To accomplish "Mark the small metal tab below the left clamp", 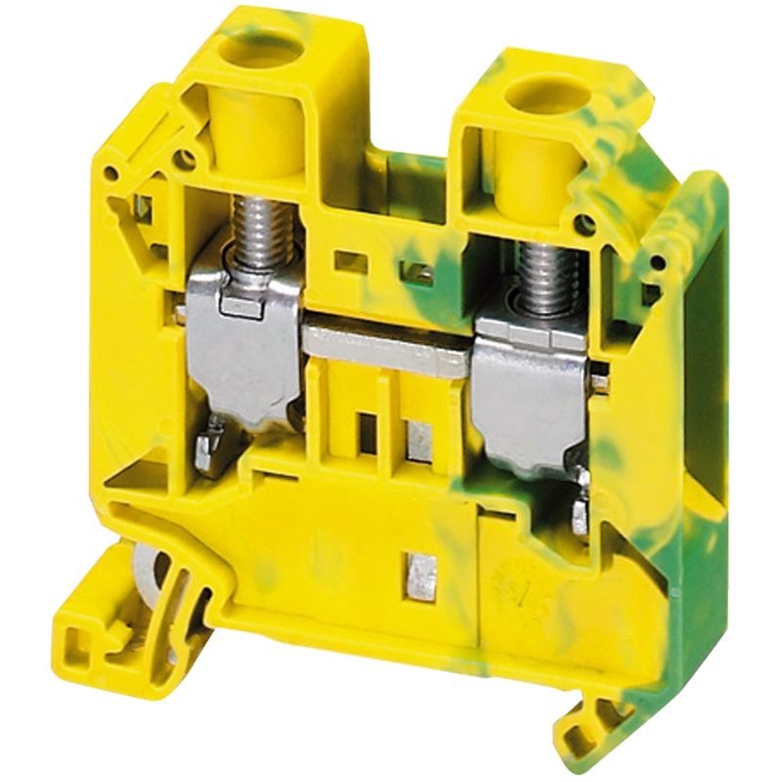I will [206, 451].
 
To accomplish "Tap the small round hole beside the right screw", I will [585, 225].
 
